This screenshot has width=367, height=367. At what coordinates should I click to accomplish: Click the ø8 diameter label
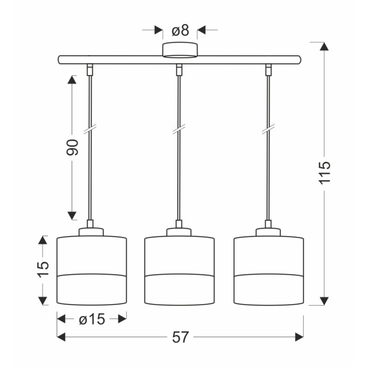[180, 30]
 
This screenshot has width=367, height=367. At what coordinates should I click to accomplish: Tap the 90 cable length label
[72, 147]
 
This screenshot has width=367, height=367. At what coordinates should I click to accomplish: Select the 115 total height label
[325, 172]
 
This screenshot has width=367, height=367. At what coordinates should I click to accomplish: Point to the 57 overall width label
[180, 337]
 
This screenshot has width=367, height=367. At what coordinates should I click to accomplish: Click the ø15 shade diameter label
[92, 319]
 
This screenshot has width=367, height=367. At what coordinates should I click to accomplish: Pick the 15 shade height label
[43, 269]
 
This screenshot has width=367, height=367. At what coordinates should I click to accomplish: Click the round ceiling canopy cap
[180, 50]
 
